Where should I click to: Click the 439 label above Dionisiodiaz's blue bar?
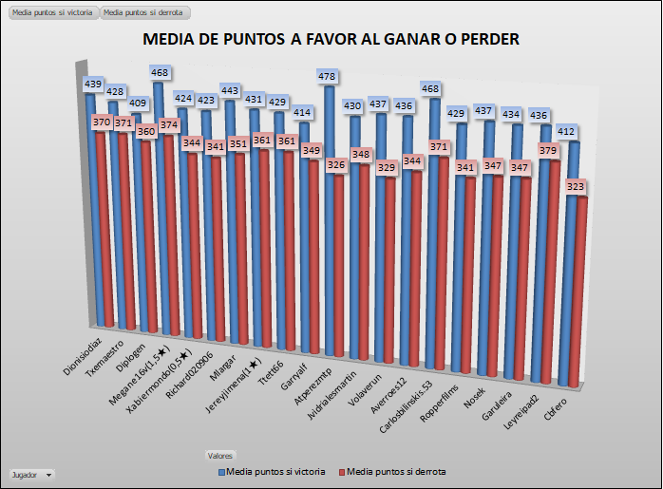[x=93, y=84]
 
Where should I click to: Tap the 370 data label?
[x=101, y=122]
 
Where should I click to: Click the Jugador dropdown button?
[x=30, y=473]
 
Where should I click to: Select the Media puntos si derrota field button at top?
[x=144, y=12]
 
